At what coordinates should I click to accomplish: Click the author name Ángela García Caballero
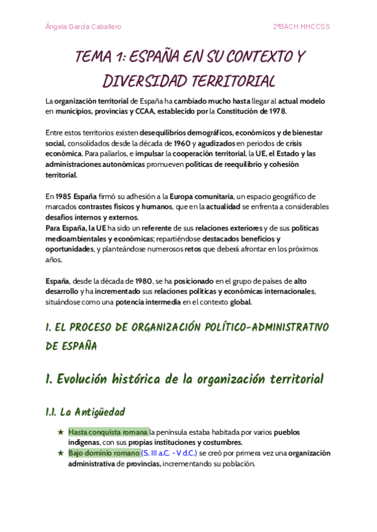pos(84,27)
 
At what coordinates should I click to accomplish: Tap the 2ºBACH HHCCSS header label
pos(301,27)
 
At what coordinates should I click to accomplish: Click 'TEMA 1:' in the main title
pos(101,58)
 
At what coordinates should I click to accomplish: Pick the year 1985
pos(63,196)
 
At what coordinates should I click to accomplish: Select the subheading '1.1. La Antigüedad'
pos(85,412)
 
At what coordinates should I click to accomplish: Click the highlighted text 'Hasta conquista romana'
pos(108,432)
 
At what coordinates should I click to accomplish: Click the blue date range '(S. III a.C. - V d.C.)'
pos(170,453)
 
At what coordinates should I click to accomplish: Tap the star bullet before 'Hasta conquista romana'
pos(60,432)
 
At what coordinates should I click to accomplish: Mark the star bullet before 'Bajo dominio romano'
pos(60,453)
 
